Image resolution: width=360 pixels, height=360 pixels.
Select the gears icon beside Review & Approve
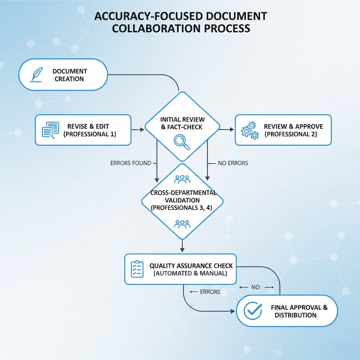click(x=250, y=130)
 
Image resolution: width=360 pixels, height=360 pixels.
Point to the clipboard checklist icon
click(x=137, y=269)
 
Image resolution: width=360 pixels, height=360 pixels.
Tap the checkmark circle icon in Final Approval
click(x=253, y=311)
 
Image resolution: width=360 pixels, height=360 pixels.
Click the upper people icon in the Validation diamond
click(x=182, y=179)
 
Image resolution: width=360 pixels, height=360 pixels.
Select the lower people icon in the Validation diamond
click(x=182, y=224)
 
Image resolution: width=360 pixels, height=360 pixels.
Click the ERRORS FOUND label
click(x=131, y=163)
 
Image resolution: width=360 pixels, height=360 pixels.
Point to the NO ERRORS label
click(x=233, y=163)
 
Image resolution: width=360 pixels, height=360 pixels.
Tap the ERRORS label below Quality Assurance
click(x=210, y=292)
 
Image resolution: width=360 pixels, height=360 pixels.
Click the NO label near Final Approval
click(x=256, y=287)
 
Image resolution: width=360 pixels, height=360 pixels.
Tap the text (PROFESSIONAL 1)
click(x=90, y=134)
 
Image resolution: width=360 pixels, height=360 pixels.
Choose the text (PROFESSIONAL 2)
click(x=291, y=134)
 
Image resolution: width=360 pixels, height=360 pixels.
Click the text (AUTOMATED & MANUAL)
click(x=190, y=273)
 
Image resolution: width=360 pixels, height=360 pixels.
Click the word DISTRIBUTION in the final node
click(x=295, y=315)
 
